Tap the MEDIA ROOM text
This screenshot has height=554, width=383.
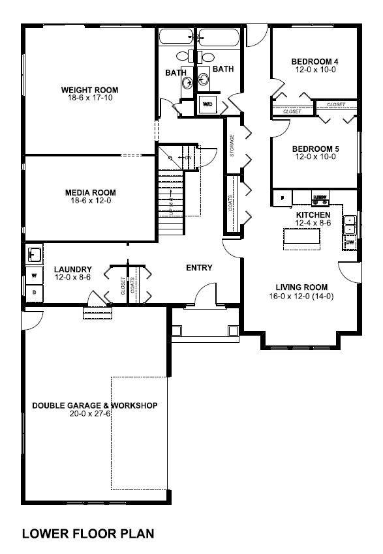(x=90, y=192)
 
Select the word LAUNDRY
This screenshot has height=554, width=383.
(x=72, y=269)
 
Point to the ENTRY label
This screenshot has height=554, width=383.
(x=199, y=267)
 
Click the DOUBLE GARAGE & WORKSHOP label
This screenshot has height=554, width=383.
(x=95, y=405)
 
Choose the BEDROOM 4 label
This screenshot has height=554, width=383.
(x=314, y=62)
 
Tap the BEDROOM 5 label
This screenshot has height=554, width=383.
(x=314, y=148)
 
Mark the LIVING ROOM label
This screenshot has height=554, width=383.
(x=301, y=287)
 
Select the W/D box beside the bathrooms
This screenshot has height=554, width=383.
(x=208, y=104)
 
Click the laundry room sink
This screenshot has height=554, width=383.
(x=34, y=253)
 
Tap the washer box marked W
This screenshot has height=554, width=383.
(x=33, y=275)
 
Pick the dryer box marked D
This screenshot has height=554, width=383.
(x=33, y=293)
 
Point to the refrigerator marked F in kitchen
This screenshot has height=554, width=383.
(x=283, y=197)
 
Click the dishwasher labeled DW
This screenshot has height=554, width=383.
(x=350, y=243)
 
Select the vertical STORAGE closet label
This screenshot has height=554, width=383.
(x=232, y=147)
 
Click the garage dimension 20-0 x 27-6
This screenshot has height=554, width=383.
(x=95, y=415)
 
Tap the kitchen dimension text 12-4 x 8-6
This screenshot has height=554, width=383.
(x=313, y=224)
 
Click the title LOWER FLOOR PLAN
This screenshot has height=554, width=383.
(x=88, y=534)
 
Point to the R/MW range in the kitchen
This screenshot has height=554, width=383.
(x=320, y=197)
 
